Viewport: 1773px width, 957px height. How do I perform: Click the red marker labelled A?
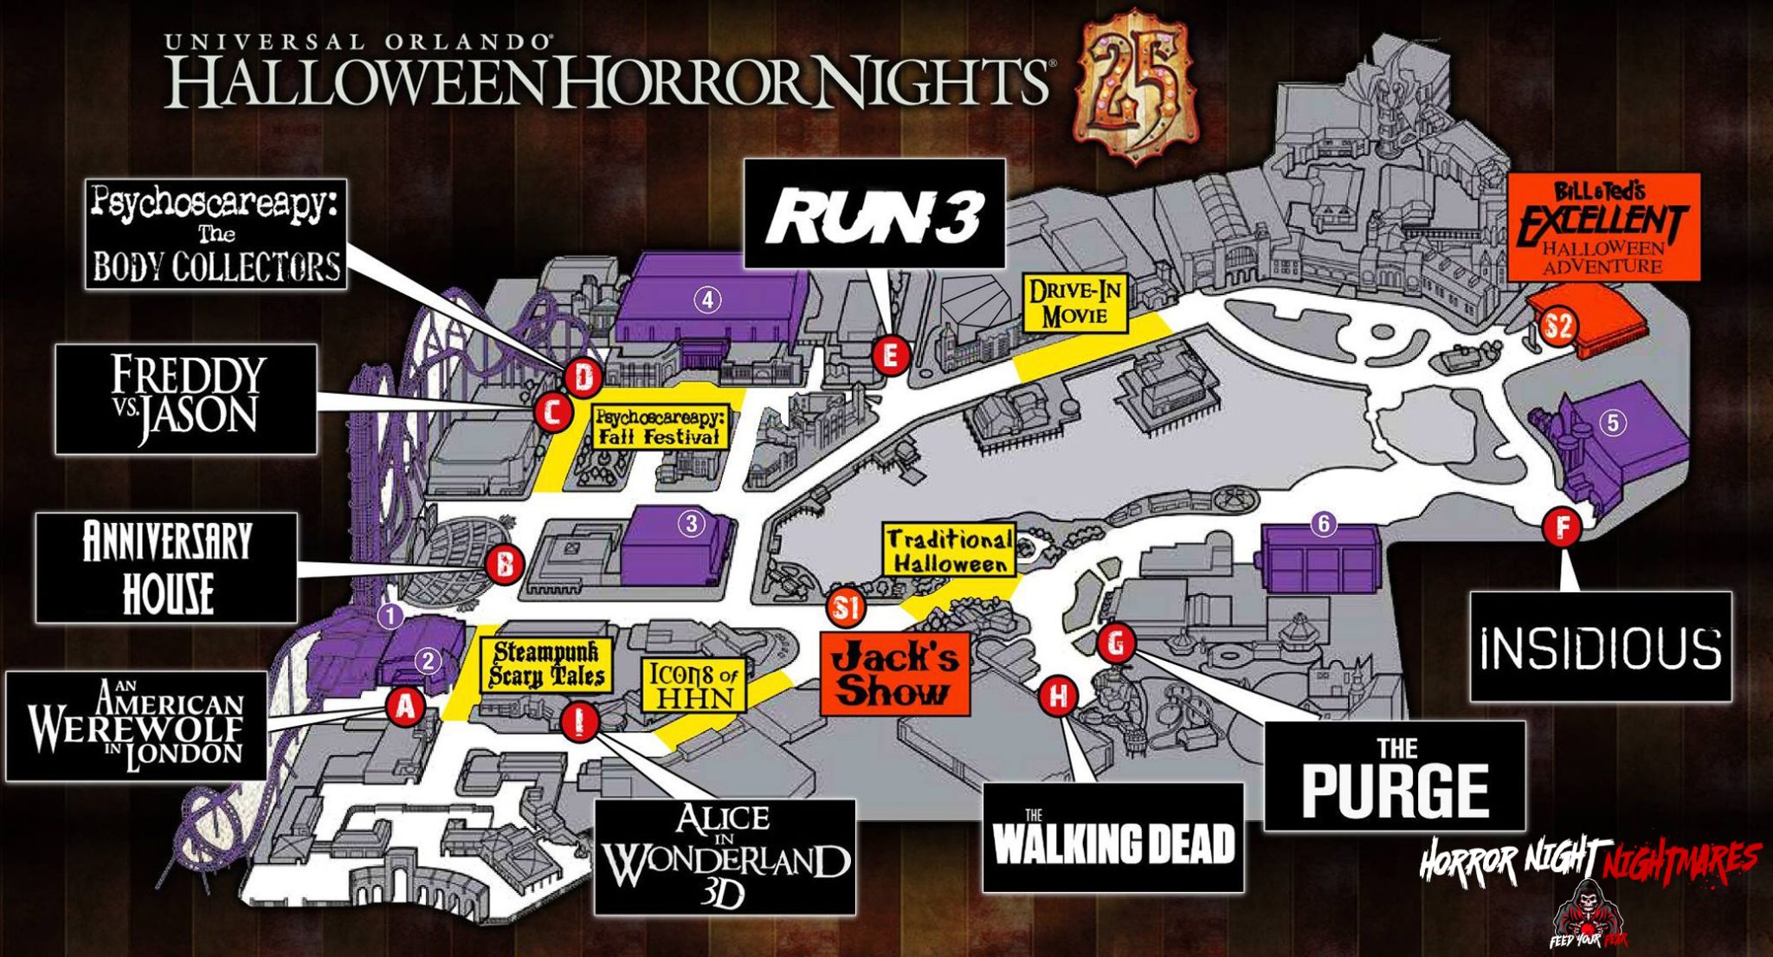[404, 707]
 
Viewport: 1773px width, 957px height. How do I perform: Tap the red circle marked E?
[890, 355]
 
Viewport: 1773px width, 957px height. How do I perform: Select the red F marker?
[1563, 527]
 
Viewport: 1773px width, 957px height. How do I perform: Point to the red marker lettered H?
[1057, 695]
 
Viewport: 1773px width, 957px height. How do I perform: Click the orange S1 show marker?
[845, 608]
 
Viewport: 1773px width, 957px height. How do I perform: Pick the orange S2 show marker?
[1558, 327]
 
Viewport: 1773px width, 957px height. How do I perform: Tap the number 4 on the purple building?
[708, 301]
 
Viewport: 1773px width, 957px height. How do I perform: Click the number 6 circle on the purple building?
[1322, 524]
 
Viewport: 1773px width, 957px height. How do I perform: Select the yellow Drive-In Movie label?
[1075, 303]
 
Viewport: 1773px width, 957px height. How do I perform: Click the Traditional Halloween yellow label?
[950, 551]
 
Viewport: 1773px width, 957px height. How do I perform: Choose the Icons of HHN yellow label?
[693, 685]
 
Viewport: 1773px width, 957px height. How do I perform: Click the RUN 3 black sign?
[874, 213]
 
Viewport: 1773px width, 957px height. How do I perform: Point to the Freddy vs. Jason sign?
[185, 399]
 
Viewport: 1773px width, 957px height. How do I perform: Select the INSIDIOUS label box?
[1600, 647]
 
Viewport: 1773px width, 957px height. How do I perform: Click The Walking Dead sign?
[1112, 837]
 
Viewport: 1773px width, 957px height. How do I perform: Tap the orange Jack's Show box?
[894, 674]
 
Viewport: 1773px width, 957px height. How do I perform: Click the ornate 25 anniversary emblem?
[1134, 85]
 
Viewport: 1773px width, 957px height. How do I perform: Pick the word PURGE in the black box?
[1395, 789]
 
